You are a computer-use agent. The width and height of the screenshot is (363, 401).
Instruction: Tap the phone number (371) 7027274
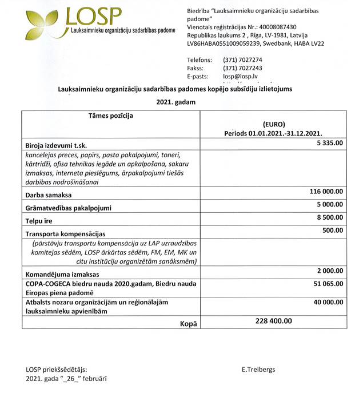(x=242, y=59)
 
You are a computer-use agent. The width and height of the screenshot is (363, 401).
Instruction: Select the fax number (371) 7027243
(x=242, y=68)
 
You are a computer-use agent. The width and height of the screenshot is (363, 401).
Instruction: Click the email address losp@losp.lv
(x=240, y=76)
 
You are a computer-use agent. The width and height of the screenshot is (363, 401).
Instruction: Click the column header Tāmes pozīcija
(x=110, y=116)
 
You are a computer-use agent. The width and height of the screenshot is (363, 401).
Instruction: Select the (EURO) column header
(x=273, y=124)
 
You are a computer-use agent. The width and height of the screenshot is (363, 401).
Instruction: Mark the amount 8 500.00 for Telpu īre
(x=329, y=217)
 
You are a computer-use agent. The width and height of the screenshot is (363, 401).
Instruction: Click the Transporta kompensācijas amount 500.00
(x=333, y=230)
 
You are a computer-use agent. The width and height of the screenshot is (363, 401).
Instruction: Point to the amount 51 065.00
(x=328, y=283)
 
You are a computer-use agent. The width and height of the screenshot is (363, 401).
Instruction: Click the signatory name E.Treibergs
(x=258, y=370)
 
